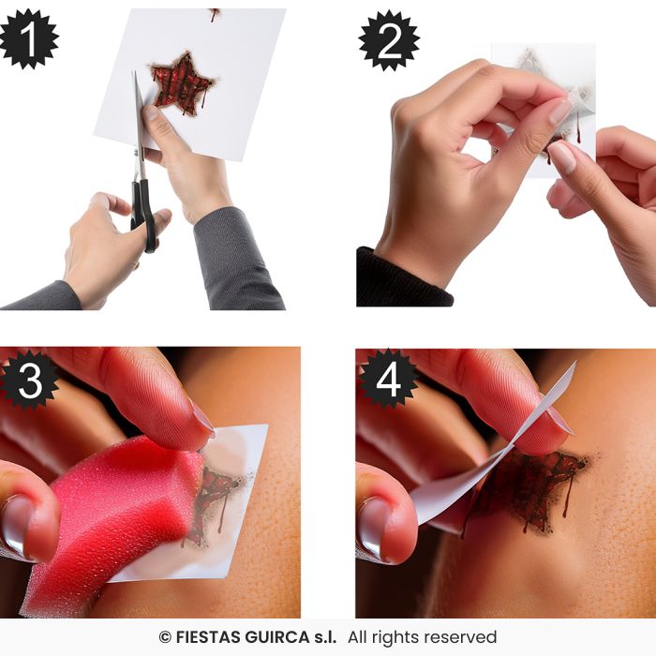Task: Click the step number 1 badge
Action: point(28,39)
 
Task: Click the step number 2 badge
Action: point(387,40)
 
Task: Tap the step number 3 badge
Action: point(28,380)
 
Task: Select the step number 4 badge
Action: point(387,380)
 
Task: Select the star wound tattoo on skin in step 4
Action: point(529,483)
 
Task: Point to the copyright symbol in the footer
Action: point(165,637)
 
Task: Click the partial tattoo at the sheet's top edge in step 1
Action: point(215,14)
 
